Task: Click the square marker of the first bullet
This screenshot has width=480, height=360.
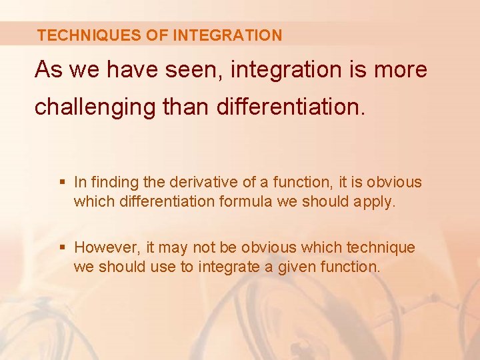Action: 63,182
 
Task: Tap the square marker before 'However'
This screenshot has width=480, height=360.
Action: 63,248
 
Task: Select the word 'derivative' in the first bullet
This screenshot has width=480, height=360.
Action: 200,182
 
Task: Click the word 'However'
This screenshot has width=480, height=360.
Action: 107,248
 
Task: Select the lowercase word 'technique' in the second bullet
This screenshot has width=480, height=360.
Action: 380,248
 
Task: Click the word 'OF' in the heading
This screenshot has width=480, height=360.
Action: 155,35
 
